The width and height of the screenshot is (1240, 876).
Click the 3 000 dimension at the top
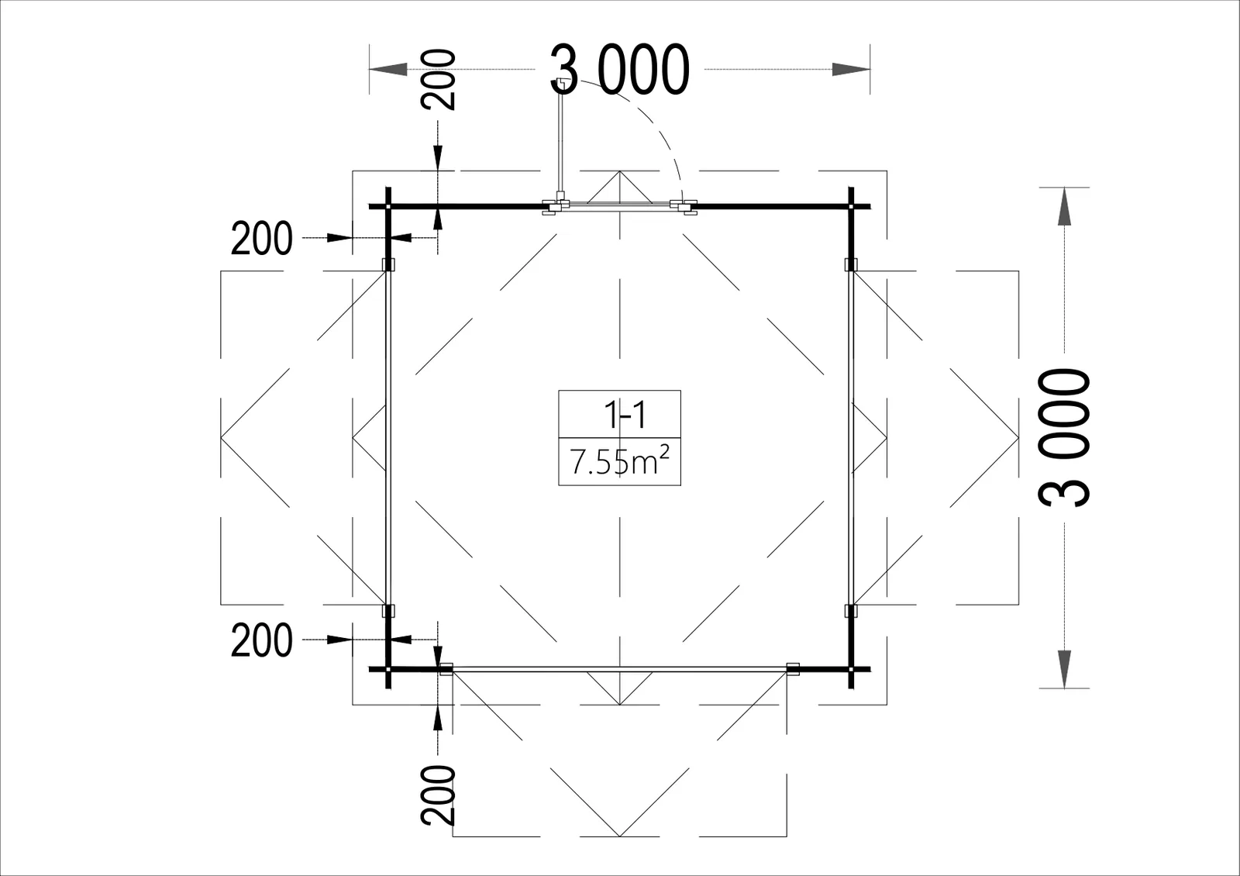point(620,69)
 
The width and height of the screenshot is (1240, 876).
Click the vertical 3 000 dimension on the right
point(1064,437)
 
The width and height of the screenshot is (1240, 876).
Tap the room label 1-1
point(625,415)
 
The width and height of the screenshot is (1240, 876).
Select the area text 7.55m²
point(619,461)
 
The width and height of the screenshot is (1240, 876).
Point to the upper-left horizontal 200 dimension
point(261,238)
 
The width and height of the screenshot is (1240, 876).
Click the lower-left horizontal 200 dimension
point(261,640)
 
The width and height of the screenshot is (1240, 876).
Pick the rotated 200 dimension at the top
point(438,80)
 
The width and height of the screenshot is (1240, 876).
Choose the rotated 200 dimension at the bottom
point(438,795)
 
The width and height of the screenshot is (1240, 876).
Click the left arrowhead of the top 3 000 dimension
point(388,69)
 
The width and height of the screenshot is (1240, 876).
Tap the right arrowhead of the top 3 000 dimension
point(851,69)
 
